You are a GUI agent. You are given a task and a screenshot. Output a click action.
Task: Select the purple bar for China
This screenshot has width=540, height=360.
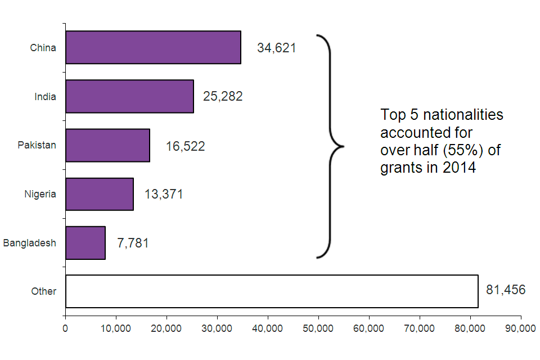[153, 47]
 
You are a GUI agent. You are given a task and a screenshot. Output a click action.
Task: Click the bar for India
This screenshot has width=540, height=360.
[129, 96]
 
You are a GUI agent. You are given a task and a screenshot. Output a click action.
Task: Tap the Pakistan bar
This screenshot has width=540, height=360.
[107, 145]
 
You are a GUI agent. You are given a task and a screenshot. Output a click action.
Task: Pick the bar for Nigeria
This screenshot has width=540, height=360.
[100, 194]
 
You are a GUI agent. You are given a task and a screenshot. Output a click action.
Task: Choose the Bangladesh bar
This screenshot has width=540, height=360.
[85, 243]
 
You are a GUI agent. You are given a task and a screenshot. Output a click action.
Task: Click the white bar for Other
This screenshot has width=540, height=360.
[272, 291]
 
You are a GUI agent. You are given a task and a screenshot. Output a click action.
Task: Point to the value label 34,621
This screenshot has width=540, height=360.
[276, 48]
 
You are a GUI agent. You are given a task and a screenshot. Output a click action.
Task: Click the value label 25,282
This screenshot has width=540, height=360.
[223, 97]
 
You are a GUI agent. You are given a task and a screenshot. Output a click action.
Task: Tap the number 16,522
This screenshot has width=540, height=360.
[185, 146]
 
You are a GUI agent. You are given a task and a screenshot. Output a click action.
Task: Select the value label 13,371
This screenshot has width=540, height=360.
[164, 195]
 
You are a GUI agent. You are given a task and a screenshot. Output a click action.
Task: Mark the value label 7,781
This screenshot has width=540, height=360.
[133, 244]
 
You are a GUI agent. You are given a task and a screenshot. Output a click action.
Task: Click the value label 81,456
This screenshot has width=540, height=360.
[505, 290]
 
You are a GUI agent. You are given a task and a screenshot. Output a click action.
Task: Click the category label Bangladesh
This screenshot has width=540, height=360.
[30, 243]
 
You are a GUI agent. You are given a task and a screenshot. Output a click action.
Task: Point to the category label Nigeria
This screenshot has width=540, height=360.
[40, 194]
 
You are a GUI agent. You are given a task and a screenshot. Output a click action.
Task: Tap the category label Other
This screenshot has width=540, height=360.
[44, 291]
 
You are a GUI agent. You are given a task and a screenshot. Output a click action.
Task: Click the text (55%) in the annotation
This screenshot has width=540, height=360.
[457, 151]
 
